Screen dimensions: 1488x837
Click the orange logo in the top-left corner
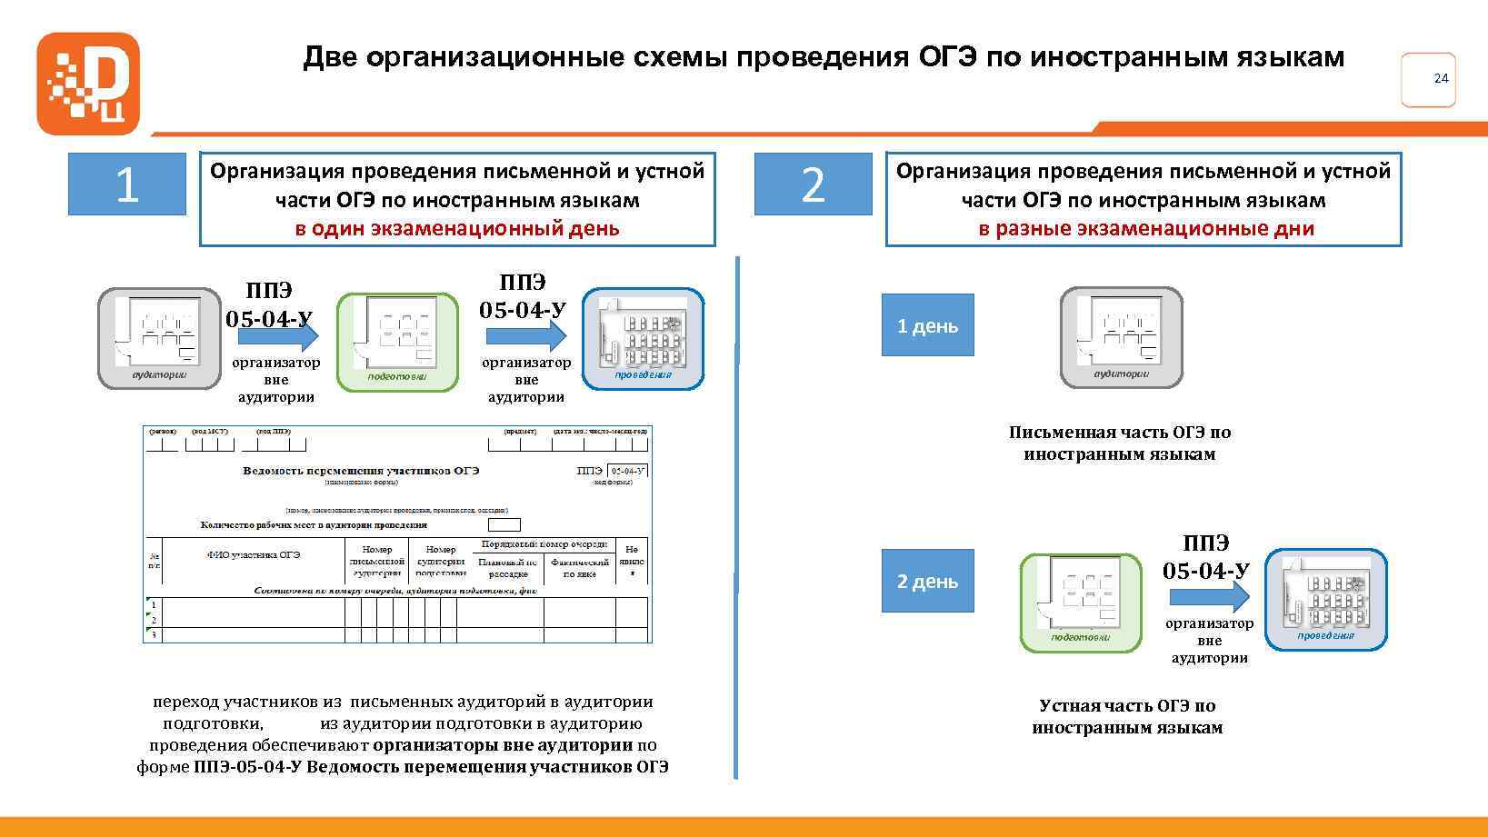tap(87, 84)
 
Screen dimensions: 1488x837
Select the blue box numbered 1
tap(126, 184)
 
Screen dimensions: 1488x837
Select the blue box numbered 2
tap(813, 184)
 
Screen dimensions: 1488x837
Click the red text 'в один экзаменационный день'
tap(456, 228)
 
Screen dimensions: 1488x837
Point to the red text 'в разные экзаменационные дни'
tap(1145, 228)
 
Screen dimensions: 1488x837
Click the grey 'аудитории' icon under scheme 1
tap(159, 338)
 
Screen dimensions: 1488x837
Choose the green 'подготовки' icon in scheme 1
tap(398, 342)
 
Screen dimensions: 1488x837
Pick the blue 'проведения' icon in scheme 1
tap(643, 338)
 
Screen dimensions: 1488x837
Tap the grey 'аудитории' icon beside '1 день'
tap(1122, 337)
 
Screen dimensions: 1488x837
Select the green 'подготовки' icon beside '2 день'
tap(1081, 603)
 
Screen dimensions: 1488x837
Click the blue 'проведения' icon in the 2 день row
tap(1326, 599)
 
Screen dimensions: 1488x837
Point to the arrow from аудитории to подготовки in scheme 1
tap(278, 336)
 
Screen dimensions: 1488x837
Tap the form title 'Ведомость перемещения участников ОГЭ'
tap(361, 471)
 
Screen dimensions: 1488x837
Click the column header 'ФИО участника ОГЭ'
tap(253, 554)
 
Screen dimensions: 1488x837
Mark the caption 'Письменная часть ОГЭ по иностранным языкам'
tap(1120, 443)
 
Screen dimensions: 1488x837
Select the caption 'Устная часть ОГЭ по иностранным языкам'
tap(1127, 716)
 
